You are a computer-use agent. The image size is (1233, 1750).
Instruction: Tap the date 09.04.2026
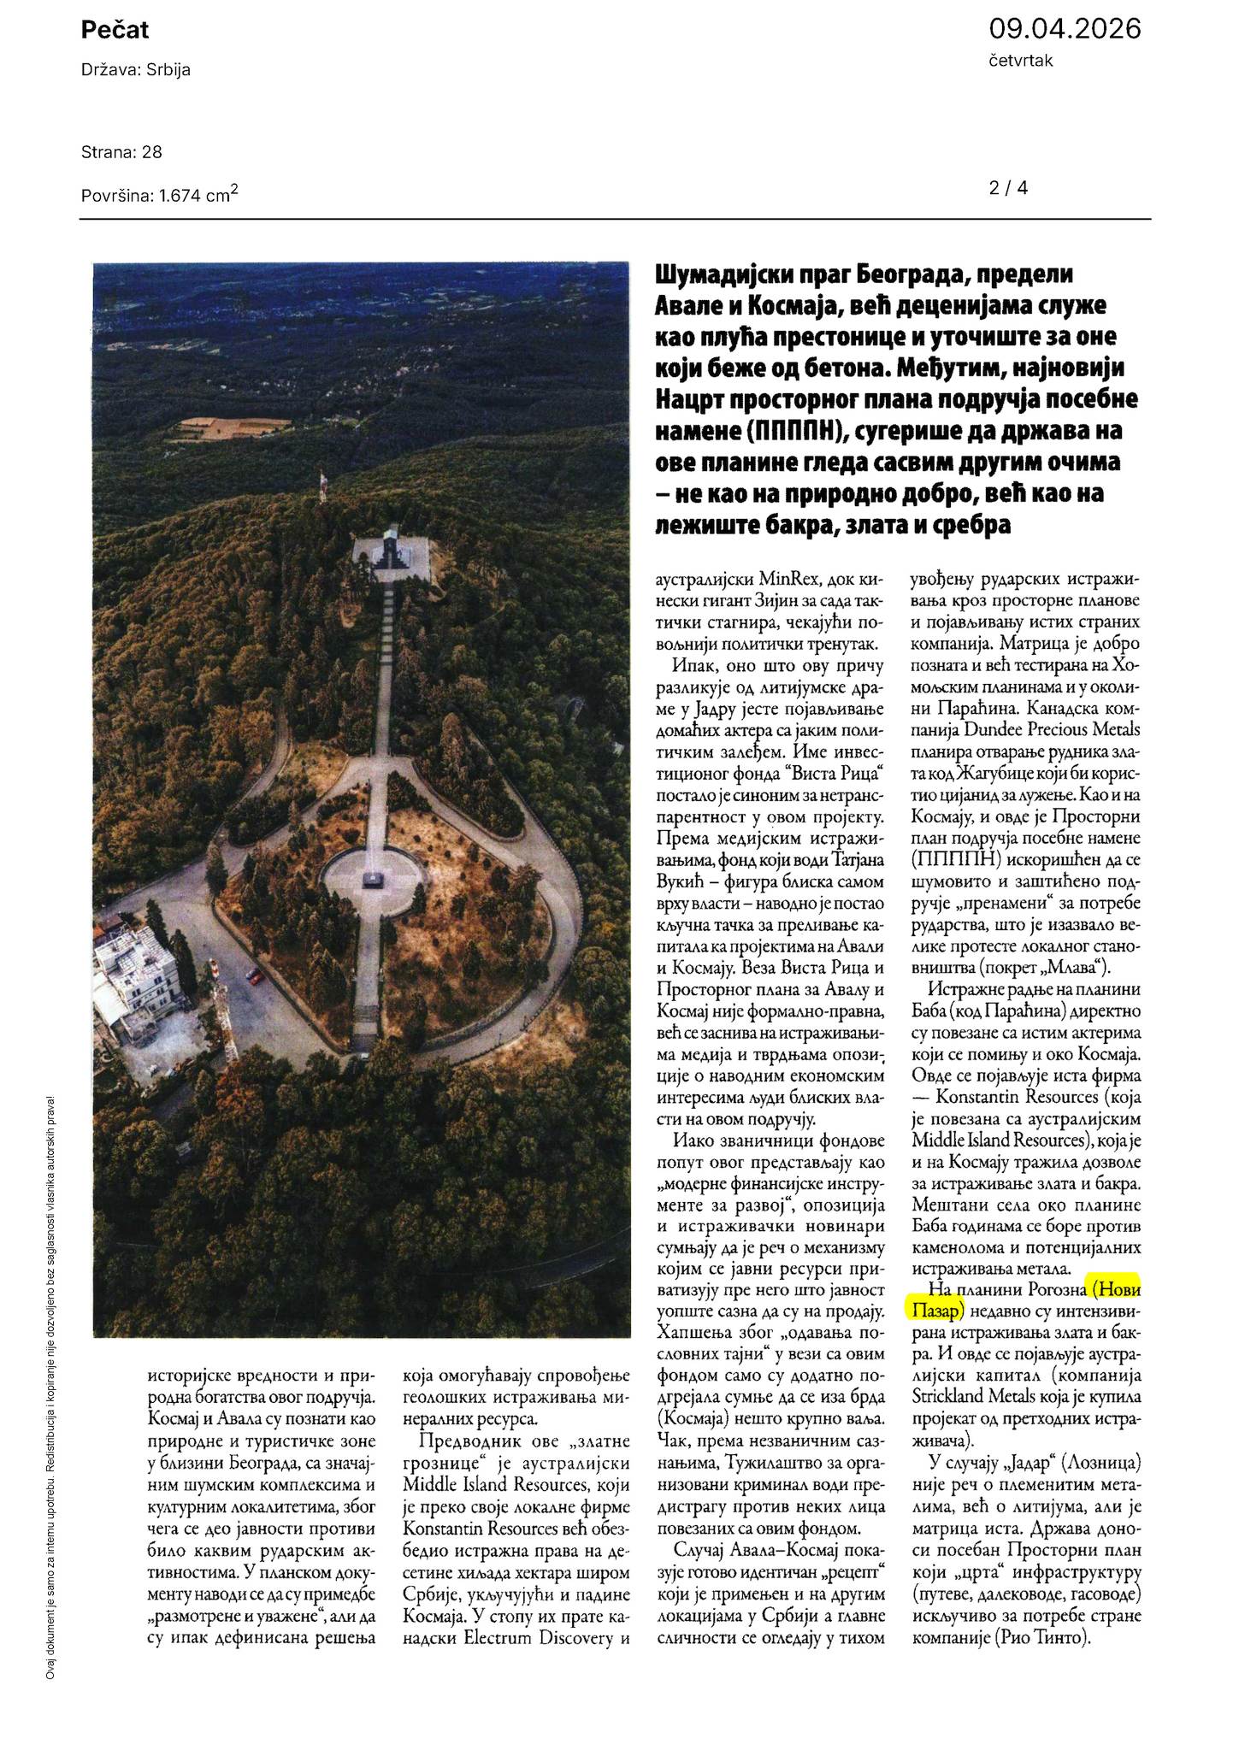point(1064,29)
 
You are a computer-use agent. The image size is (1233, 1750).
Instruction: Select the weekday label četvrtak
point(1021,60)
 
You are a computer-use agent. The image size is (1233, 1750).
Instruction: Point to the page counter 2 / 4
point(1008,188)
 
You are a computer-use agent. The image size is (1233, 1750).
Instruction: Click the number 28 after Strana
point(152,152)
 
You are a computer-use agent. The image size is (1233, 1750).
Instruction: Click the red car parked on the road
point(254,975)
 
